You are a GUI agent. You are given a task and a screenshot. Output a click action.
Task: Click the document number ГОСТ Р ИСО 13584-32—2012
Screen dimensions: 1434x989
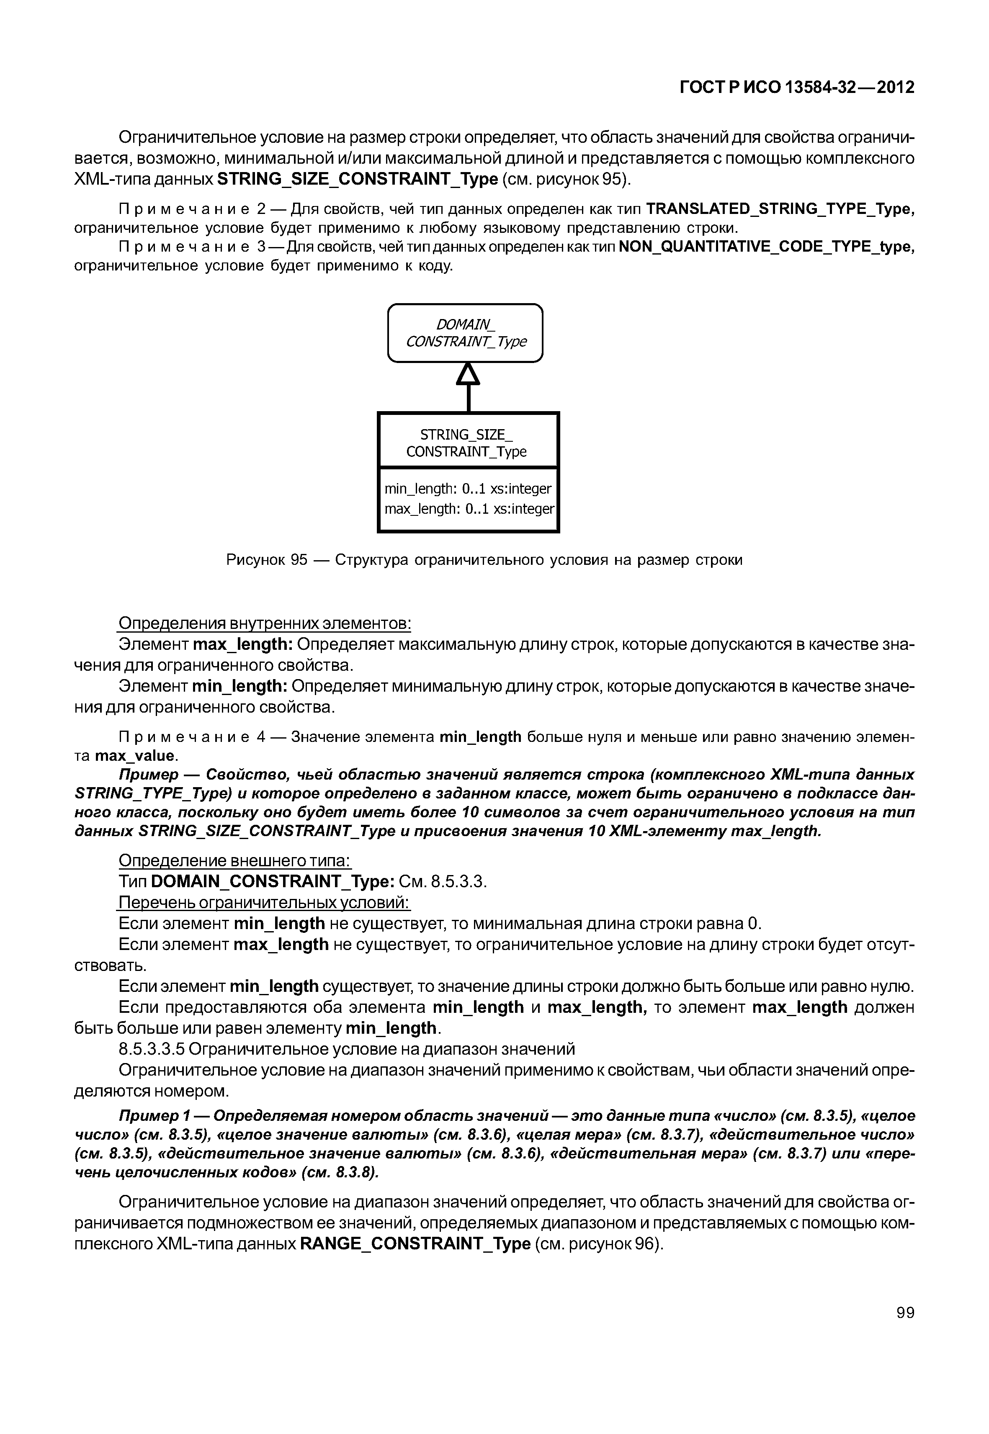point(797,88)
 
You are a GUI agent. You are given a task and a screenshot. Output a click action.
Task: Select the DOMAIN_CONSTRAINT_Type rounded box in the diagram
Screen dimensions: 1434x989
point(465,333)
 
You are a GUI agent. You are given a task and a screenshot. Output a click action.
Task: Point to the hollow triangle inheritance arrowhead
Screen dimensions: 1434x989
point(469,374)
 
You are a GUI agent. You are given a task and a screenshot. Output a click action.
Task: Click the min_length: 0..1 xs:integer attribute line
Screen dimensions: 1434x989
point(468,489)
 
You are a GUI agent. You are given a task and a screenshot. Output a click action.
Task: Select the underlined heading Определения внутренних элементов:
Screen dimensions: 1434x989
point(265,623)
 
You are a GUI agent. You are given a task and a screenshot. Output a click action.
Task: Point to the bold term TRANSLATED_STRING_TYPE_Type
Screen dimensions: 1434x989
point(780,209)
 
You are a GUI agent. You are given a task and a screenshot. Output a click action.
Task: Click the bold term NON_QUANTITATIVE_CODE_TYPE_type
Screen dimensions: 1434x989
point(766,247)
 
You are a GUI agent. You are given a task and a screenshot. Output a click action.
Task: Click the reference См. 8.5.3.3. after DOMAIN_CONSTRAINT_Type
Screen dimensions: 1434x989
point(443,882)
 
